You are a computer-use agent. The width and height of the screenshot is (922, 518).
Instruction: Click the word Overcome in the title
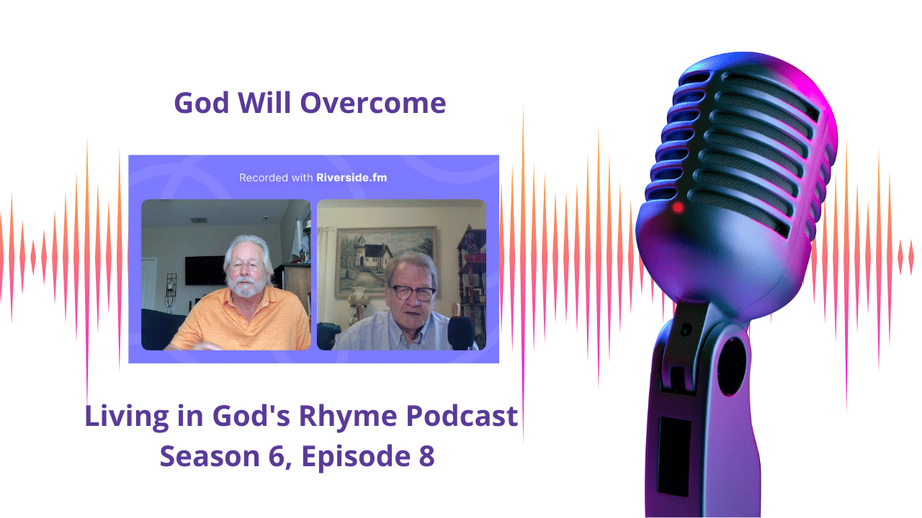[373, 103]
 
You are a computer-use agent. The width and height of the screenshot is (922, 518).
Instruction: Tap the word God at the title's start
[201, 103]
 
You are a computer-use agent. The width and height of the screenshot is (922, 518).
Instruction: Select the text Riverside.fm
[352, 178]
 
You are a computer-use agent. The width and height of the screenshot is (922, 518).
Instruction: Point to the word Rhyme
[348, 417]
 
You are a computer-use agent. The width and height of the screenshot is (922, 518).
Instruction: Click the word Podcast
[462, 416]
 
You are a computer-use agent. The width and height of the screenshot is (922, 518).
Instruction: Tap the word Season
[210, 456]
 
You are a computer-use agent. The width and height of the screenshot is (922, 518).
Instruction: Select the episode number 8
[427, 456]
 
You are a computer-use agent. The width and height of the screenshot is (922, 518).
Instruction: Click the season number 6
[277, 456]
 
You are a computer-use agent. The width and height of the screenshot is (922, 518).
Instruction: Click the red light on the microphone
[678, 208]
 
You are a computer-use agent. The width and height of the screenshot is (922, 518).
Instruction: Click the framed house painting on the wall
[385, 262]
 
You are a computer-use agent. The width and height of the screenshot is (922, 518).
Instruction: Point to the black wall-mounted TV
[205, 270]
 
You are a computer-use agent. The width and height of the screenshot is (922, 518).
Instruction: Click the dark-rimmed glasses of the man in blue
[413, 293]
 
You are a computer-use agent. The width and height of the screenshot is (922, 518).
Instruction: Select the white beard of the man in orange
[246, 287]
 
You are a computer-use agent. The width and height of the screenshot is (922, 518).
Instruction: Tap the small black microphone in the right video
[462, 333]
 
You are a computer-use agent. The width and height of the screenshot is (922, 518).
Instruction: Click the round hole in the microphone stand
[732, 367]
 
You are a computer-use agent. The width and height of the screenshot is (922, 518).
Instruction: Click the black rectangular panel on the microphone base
[674, 456]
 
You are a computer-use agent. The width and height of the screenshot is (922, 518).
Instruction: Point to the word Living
[127, 417]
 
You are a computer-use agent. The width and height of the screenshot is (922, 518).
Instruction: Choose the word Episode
[356, 457]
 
